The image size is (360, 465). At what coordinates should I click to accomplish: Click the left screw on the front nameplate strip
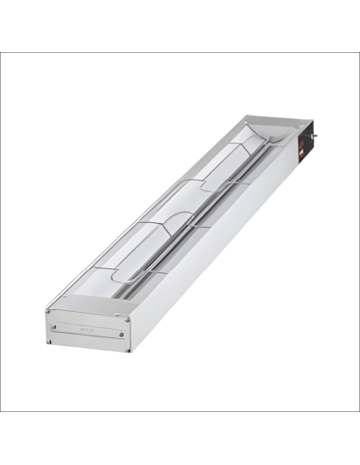pos(55,327)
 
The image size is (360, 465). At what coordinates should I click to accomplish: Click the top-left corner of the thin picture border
pos(1,52)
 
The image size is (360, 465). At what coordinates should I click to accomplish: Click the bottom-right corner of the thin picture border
pos(358,412)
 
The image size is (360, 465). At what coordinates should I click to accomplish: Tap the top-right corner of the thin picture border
pos(358,52)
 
